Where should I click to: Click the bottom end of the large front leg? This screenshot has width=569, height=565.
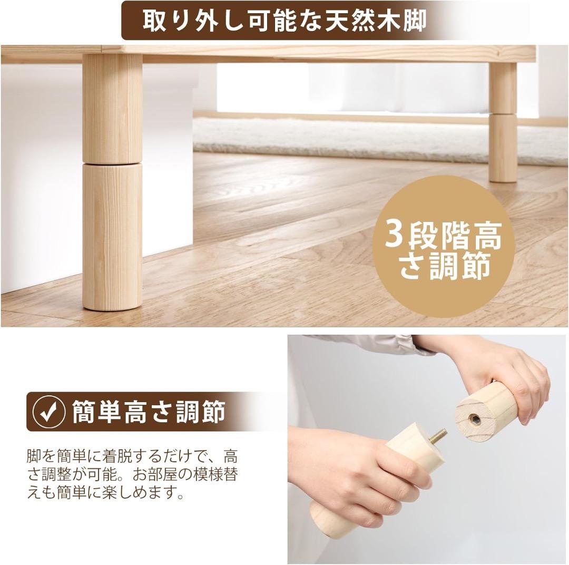[x=112, y=303]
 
